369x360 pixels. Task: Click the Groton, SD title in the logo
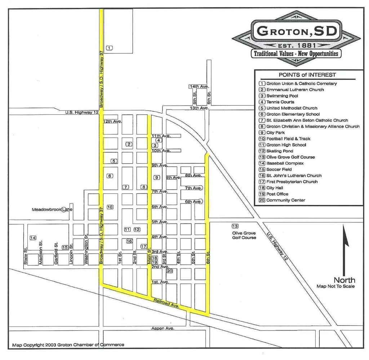tap(297, 31)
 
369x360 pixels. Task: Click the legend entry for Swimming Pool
tap(282, 96)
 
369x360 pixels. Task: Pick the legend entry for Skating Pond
tap(280, 151)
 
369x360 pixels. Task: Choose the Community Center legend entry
tap(285, 200)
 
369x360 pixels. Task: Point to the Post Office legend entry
tap(277, 194)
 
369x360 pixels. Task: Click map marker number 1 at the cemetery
tap(110, 48)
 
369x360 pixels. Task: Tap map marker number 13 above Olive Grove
tap(235, 226)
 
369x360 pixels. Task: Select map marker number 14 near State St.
tap(33, 238)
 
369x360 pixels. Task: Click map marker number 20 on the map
tap(170, 271)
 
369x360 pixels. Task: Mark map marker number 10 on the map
tap(110, 207)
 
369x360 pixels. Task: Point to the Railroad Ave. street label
tap(166, 303)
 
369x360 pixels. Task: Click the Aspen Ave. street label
tap(163, 328)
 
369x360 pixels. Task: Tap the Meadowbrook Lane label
tap(52, 210)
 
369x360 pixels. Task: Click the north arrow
tap(345, 249)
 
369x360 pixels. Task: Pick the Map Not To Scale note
tap(335, 286)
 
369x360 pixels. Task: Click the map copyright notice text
tap(68, 345)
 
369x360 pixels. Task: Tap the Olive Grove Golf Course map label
tap(244, 236)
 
